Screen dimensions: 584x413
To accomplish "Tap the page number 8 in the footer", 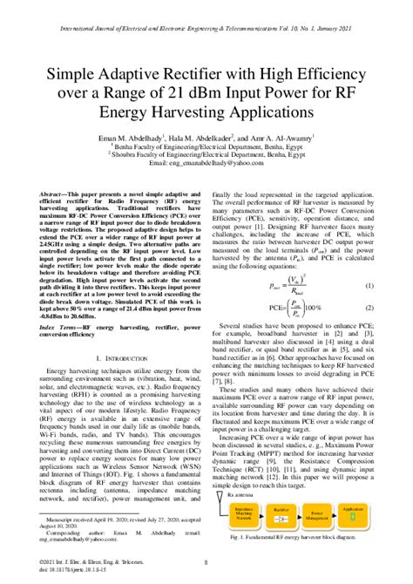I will click(x=206, y=564).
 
